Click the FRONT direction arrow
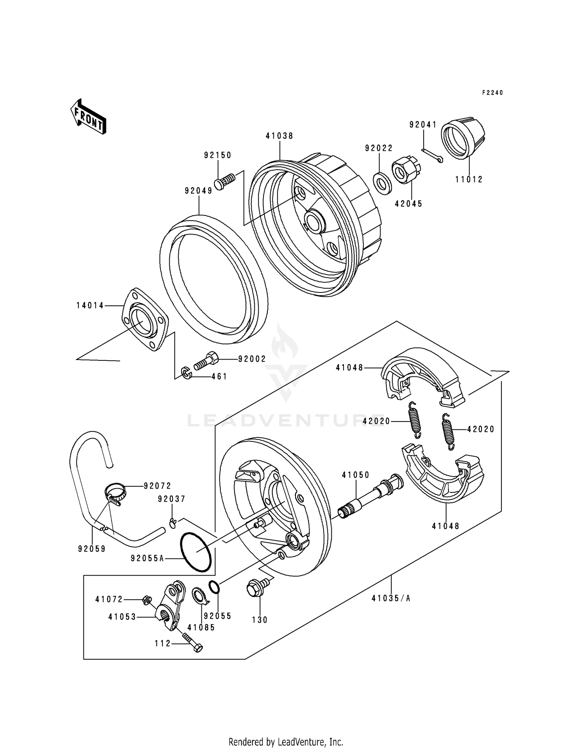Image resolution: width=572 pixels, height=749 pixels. coord(88,116)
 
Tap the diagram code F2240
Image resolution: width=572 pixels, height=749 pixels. coord(492,93)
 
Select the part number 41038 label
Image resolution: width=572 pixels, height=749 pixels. coord(280,136)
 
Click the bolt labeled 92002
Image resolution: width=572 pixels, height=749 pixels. coord(206,361)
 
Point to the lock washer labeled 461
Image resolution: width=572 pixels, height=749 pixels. coord(186,373)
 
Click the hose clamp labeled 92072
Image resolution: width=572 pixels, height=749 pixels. coord(114,492)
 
